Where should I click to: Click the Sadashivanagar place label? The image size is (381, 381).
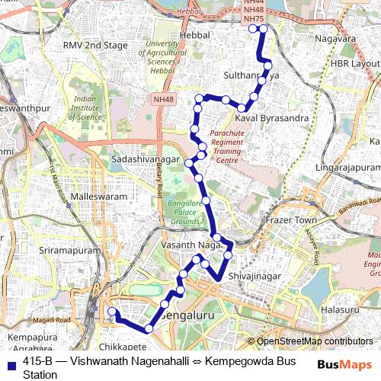pyautogui.click(x=145, y=158)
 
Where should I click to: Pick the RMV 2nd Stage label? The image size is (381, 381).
pyautogui.click(x=95, y=46)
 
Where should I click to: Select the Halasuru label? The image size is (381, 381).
pyautogui.click(x=339, y=310)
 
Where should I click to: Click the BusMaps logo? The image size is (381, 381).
pyautogui.click(x=344, y=365)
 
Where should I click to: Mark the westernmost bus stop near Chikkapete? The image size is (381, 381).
pyautogui.click(x=112, y=312)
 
